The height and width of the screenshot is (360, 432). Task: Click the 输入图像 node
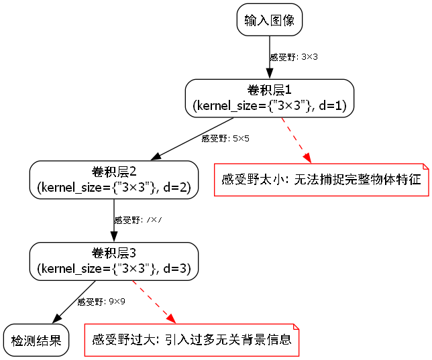coord(270,20)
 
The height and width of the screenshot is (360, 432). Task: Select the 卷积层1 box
coord(269,98)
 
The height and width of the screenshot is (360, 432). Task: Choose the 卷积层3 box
coord(114,261)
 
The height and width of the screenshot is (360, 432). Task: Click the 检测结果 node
coord(36,341)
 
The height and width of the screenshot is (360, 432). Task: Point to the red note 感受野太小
coord(321,180)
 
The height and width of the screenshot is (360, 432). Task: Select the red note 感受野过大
coord(191,340)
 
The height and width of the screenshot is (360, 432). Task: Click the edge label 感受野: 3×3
coord(293,57)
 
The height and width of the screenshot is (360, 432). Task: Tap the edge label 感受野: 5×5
coord(225,139)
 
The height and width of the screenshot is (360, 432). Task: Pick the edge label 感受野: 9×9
coord(101,302)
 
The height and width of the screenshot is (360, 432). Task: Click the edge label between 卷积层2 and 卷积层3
coord(138,220)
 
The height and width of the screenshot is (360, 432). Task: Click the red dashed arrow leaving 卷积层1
coord(296,139)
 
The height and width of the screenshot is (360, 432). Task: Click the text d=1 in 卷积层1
coord(332,105)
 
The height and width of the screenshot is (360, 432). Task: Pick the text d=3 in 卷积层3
coord(177,269)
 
